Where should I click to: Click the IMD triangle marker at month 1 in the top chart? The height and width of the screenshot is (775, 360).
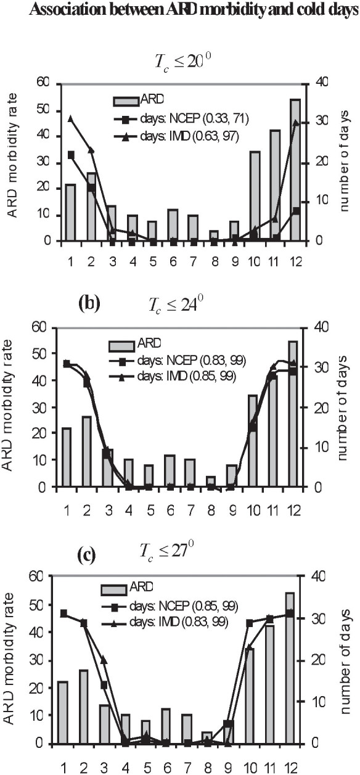(x=71, y=118)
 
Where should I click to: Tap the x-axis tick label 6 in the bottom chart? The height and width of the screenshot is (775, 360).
(x=166, y=768)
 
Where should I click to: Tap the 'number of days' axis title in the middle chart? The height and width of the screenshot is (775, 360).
(x=344, y=406)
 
